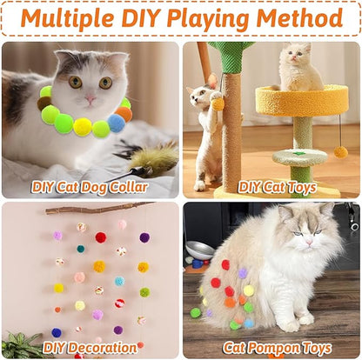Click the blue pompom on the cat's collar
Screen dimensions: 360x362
(117, 123)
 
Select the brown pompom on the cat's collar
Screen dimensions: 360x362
(44, 103)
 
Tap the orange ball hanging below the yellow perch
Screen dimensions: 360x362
(340, 151)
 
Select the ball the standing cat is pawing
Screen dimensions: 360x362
(218, 104)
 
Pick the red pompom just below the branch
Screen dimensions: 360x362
(101, 237)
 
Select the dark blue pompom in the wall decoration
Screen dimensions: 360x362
(57, 332)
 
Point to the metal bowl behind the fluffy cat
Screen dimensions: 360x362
(198, 251)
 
